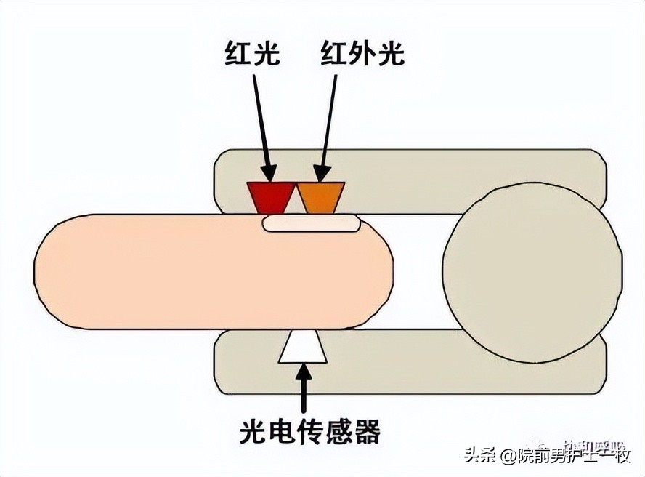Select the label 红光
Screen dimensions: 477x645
(x=253, y=53)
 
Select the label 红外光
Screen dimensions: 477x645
(x=362, y=53)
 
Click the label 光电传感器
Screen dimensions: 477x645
(x=309, y=432)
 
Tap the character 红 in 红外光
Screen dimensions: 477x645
(x=334, y=53)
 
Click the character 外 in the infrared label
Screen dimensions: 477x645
(x=362, y=53)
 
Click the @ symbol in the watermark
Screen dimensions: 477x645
(x=506, y=457)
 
